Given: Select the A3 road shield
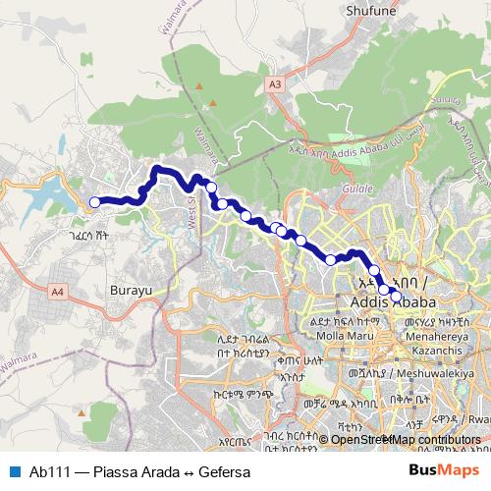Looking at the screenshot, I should click(x=274, y=85).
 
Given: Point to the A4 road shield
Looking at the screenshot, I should click(x=57, y=291).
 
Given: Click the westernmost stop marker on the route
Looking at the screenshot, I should click(x=95, y=202).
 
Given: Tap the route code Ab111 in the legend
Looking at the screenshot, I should click(x=50, y=472).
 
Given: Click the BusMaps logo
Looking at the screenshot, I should click(x=443, y=471).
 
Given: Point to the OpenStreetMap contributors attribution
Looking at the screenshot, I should click(x=401, y=439).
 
